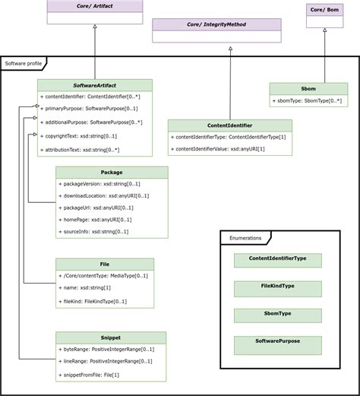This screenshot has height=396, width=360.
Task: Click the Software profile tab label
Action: [24, 63]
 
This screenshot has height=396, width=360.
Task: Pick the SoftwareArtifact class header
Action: [94, 85]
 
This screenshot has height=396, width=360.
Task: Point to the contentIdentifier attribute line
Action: [93, 97]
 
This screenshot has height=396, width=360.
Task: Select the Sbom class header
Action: [308, 88]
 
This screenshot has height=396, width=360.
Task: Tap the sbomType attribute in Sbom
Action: [307, 101]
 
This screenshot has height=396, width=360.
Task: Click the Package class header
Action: [112, 173]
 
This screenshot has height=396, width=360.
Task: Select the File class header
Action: [105, 264]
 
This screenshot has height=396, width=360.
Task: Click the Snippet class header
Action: [111, 337]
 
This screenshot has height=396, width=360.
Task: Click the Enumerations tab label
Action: [245, 238]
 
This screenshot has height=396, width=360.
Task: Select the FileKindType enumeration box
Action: [277, 287]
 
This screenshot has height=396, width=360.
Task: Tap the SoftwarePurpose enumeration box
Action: [277, 343]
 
